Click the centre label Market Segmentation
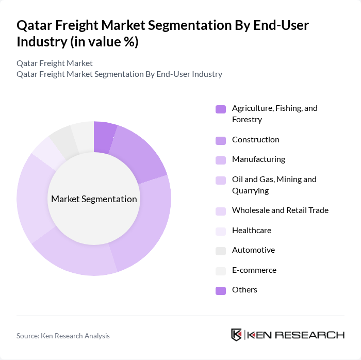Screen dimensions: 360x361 94,199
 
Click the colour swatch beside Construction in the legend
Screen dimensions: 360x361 221,140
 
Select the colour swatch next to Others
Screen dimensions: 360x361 221,290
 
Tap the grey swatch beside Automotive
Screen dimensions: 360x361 221,251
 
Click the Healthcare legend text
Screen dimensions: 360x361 251,230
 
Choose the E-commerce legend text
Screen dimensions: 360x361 254,270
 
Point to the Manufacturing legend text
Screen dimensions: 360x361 258,159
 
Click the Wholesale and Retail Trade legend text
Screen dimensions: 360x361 280,210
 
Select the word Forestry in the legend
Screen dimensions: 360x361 247,120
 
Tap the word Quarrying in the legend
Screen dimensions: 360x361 250,191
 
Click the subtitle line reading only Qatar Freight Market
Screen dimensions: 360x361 55,63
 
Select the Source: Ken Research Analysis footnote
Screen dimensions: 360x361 63,336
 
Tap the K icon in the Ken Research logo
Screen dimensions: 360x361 237,335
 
